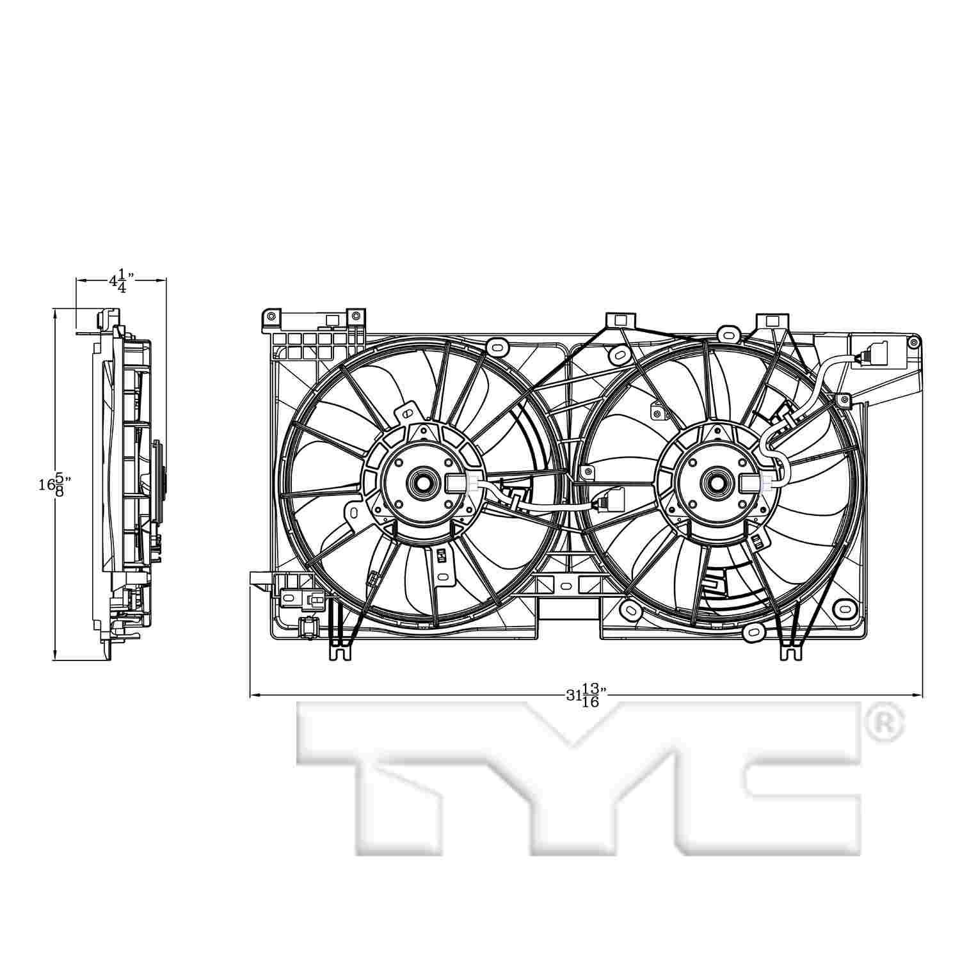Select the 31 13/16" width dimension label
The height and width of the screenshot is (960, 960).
point(585,694)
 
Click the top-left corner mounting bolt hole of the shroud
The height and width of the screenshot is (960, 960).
point(272,316)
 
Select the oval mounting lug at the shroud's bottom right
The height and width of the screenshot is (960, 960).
point(845,605)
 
